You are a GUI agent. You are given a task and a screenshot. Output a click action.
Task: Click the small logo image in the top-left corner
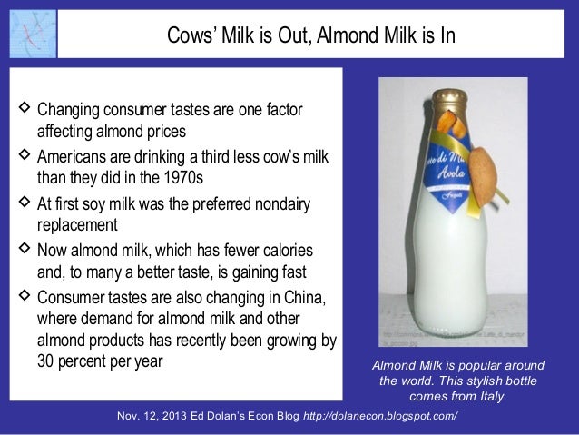[29, 32]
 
